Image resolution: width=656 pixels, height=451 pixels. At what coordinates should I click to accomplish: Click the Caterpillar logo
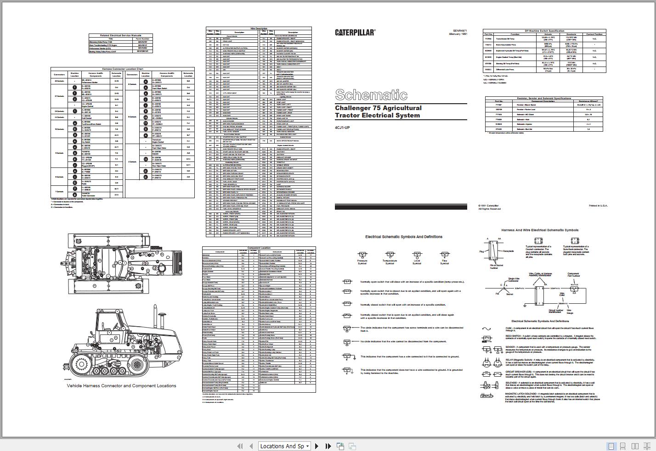tap(355, 33)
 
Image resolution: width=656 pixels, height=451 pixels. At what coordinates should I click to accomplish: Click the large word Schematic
tap(371, 95)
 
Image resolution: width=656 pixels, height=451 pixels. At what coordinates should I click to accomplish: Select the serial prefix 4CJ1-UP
tap(342, 128)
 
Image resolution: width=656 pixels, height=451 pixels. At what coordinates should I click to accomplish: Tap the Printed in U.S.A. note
tap(598, 206)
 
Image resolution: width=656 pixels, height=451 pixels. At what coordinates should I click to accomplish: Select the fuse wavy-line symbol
tap(486, 329)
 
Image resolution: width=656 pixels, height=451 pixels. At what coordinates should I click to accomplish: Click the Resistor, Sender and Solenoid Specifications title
tap(544, 98)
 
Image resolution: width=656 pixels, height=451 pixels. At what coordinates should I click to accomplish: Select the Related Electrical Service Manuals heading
tap(121, 35)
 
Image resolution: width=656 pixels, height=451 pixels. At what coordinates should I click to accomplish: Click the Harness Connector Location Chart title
tap(123, 69)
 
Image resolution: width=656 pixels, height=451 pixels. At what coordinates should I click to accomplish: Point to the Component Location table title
tap(259, 248)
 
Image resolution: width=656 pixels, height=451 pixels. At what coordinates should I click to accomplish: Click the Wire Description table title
tap(259, 28)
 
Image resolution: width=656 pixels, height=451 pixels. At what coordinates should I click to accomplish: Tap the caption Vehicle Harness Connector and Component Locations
tap(121, 386)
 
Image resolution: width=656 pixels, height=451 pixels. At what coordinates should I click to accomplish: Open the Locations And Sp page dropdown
tap(285, 446)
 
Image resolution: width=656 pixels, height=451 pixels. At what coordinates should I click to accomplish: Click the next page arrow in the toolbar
tap(317, 446)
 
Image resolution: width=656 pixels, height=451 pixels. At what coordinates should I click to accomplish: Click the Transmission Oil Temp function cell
tap(515, 39)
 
